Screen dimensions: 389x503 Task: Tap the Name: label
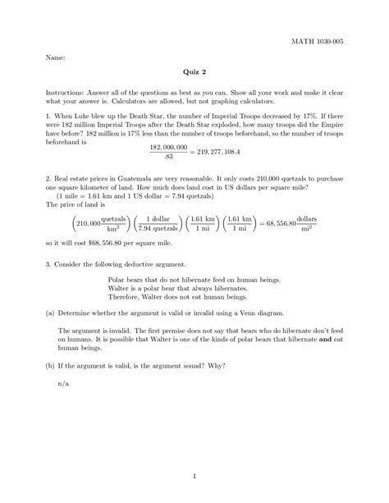coord(44,59)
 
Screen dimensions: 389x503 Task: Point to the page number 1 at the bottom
coord(194,473)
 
